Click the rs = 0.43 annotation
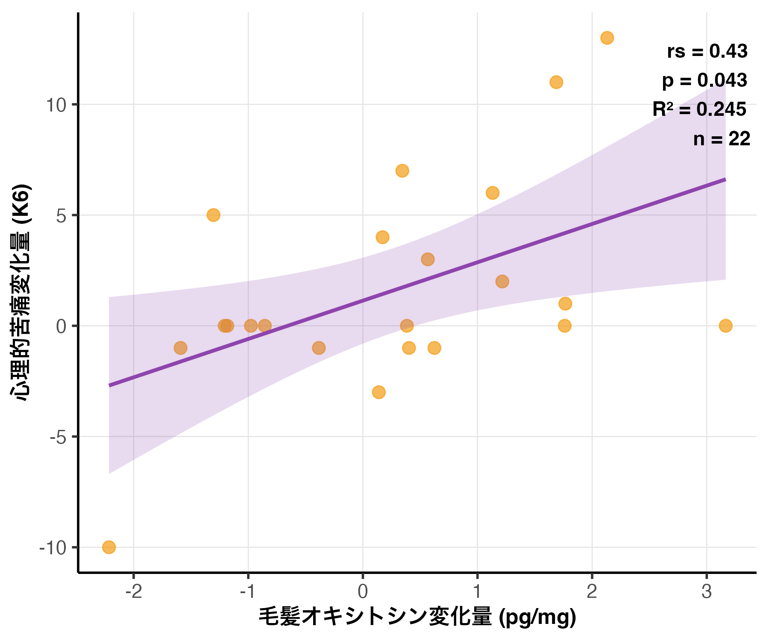[707, 51]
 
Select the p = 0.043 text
[704, 80]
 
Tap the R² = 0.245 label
[699, 109]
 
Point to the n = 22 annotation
[722, 139]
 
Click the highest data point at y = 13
[607, 38]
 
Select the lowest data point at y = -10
[109, 547]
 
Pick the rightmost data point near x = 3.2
[725, 326]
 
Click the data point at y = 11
[556, 82]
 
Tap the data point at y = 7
[402, 171]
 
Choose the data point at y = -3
[379, 392]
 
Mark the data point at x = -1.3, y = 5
[214, 215]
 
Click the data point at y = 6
[493, 193]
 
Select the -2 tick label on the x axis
[134, 592]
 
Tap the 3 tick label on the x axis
[707, 592]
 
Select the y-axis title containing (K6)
[21, 292]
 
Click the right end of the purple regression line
[725, 179]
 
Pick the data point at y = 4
[382, 237]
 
